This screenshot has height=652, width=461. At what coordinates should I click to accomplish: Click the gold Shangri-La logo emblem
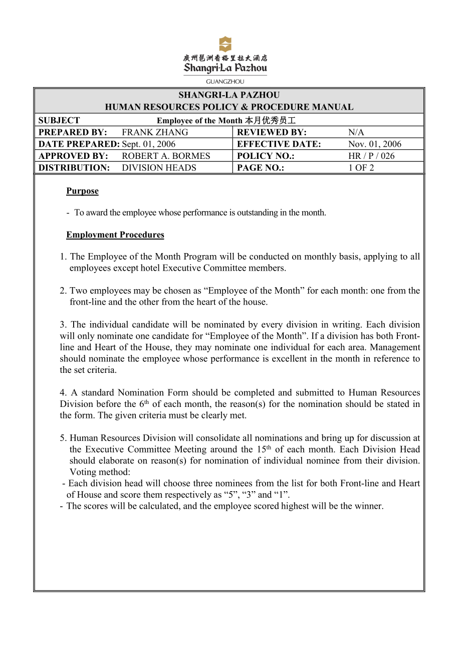225,44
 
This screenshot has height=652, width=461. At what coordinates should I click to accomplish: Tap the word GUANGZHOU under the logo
225,81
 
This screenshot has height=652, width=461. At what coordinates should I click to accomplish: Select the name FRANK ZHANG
155,132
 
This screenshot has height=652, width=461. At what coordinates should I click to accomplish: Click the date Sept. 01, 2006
149,144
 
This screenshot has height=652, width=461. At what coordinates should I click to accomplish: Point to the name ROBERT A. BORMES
166,156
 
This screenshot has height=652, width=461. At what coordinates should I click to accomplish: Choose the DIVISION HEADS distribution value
159,168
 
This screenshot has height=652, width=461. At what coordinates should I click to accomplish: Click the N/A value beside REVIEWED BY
356,132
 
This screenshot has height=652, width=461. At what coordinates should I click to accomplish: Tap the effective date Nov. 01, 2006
375,144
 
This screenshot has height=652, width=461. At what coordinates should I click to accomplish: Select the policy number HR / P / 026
371,156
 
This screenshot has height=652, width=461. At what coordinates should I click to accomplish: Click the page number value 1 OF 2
361,168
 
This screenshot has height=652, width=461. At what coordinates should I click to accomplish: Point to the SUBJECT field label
59,120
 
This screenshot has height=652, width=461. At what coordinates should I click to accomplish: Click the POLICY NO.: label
266,156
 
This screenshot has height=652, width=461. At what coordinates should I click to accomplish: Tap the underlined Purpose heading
82,191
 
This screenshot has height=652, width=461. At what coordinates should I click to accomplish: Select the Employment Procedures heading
115,235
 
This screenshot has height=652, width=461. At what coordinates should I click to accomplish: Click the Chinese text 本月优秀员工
270,121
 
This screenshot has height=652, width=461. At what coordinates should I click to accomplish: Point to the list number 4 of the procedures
63,393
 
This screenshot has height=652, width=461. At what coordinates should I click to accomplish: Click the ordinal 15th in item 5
264,449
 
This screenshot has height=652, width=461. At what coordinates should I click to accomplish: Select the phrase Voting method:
100,472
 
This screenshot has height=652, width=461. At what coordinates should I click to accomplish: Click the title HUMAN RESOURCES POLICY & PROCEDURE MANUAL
229,107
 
